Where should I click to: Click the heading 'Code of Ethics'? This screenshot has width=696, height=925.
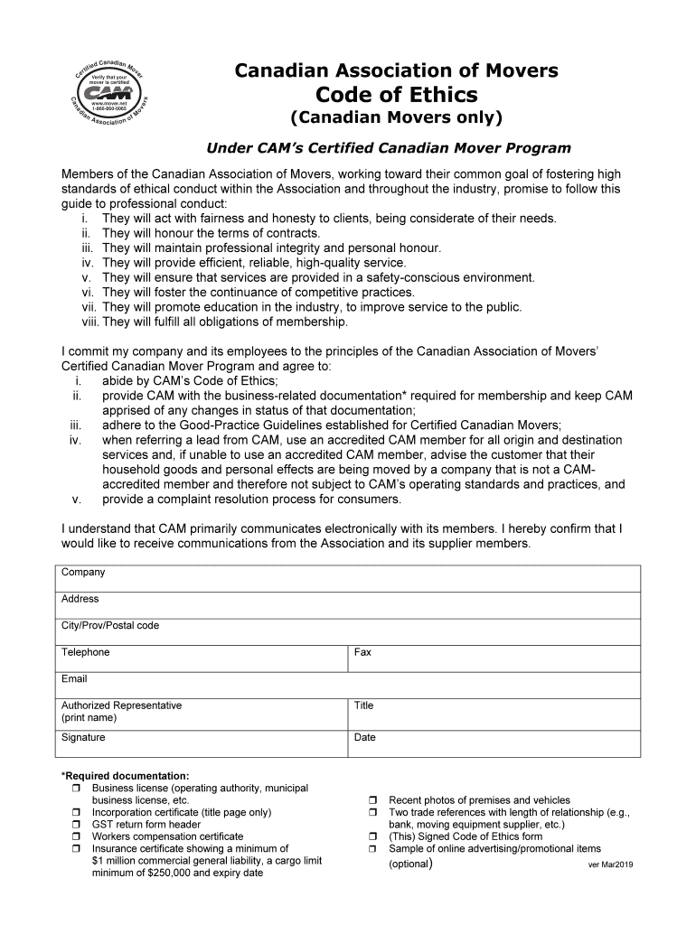397,95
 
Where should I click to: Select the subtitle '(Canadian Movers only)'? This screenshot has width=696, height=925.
396,119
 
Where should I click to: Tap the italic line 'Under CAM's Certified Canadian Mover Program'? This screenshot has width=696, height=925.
389,148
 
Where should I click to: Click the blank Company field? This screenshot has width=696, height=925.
362,579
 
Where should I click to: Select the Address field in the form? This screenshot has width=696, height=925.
362,605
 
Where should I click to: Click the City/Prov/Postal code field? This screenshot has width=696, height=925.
362,632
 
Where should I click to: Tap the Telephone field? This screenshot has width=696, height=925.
203,659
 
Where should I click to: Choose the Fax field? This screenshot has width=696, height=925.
494,659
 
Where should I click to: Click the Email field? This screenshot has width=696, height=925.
362,685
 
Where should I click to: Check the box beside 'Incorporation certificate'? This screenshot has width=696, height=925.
76,813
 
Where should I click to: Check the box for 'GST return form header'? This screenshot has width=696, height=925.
76,825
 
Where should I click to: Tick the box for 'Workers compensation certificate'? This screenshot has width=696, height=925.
76,837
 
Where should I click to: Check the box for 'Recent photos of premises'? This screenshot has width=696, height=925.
372,801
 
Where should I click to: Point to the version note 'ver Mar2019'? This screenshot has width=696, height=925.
610,865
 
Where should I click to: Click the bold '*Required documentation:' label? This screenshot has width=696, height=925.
125,776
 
